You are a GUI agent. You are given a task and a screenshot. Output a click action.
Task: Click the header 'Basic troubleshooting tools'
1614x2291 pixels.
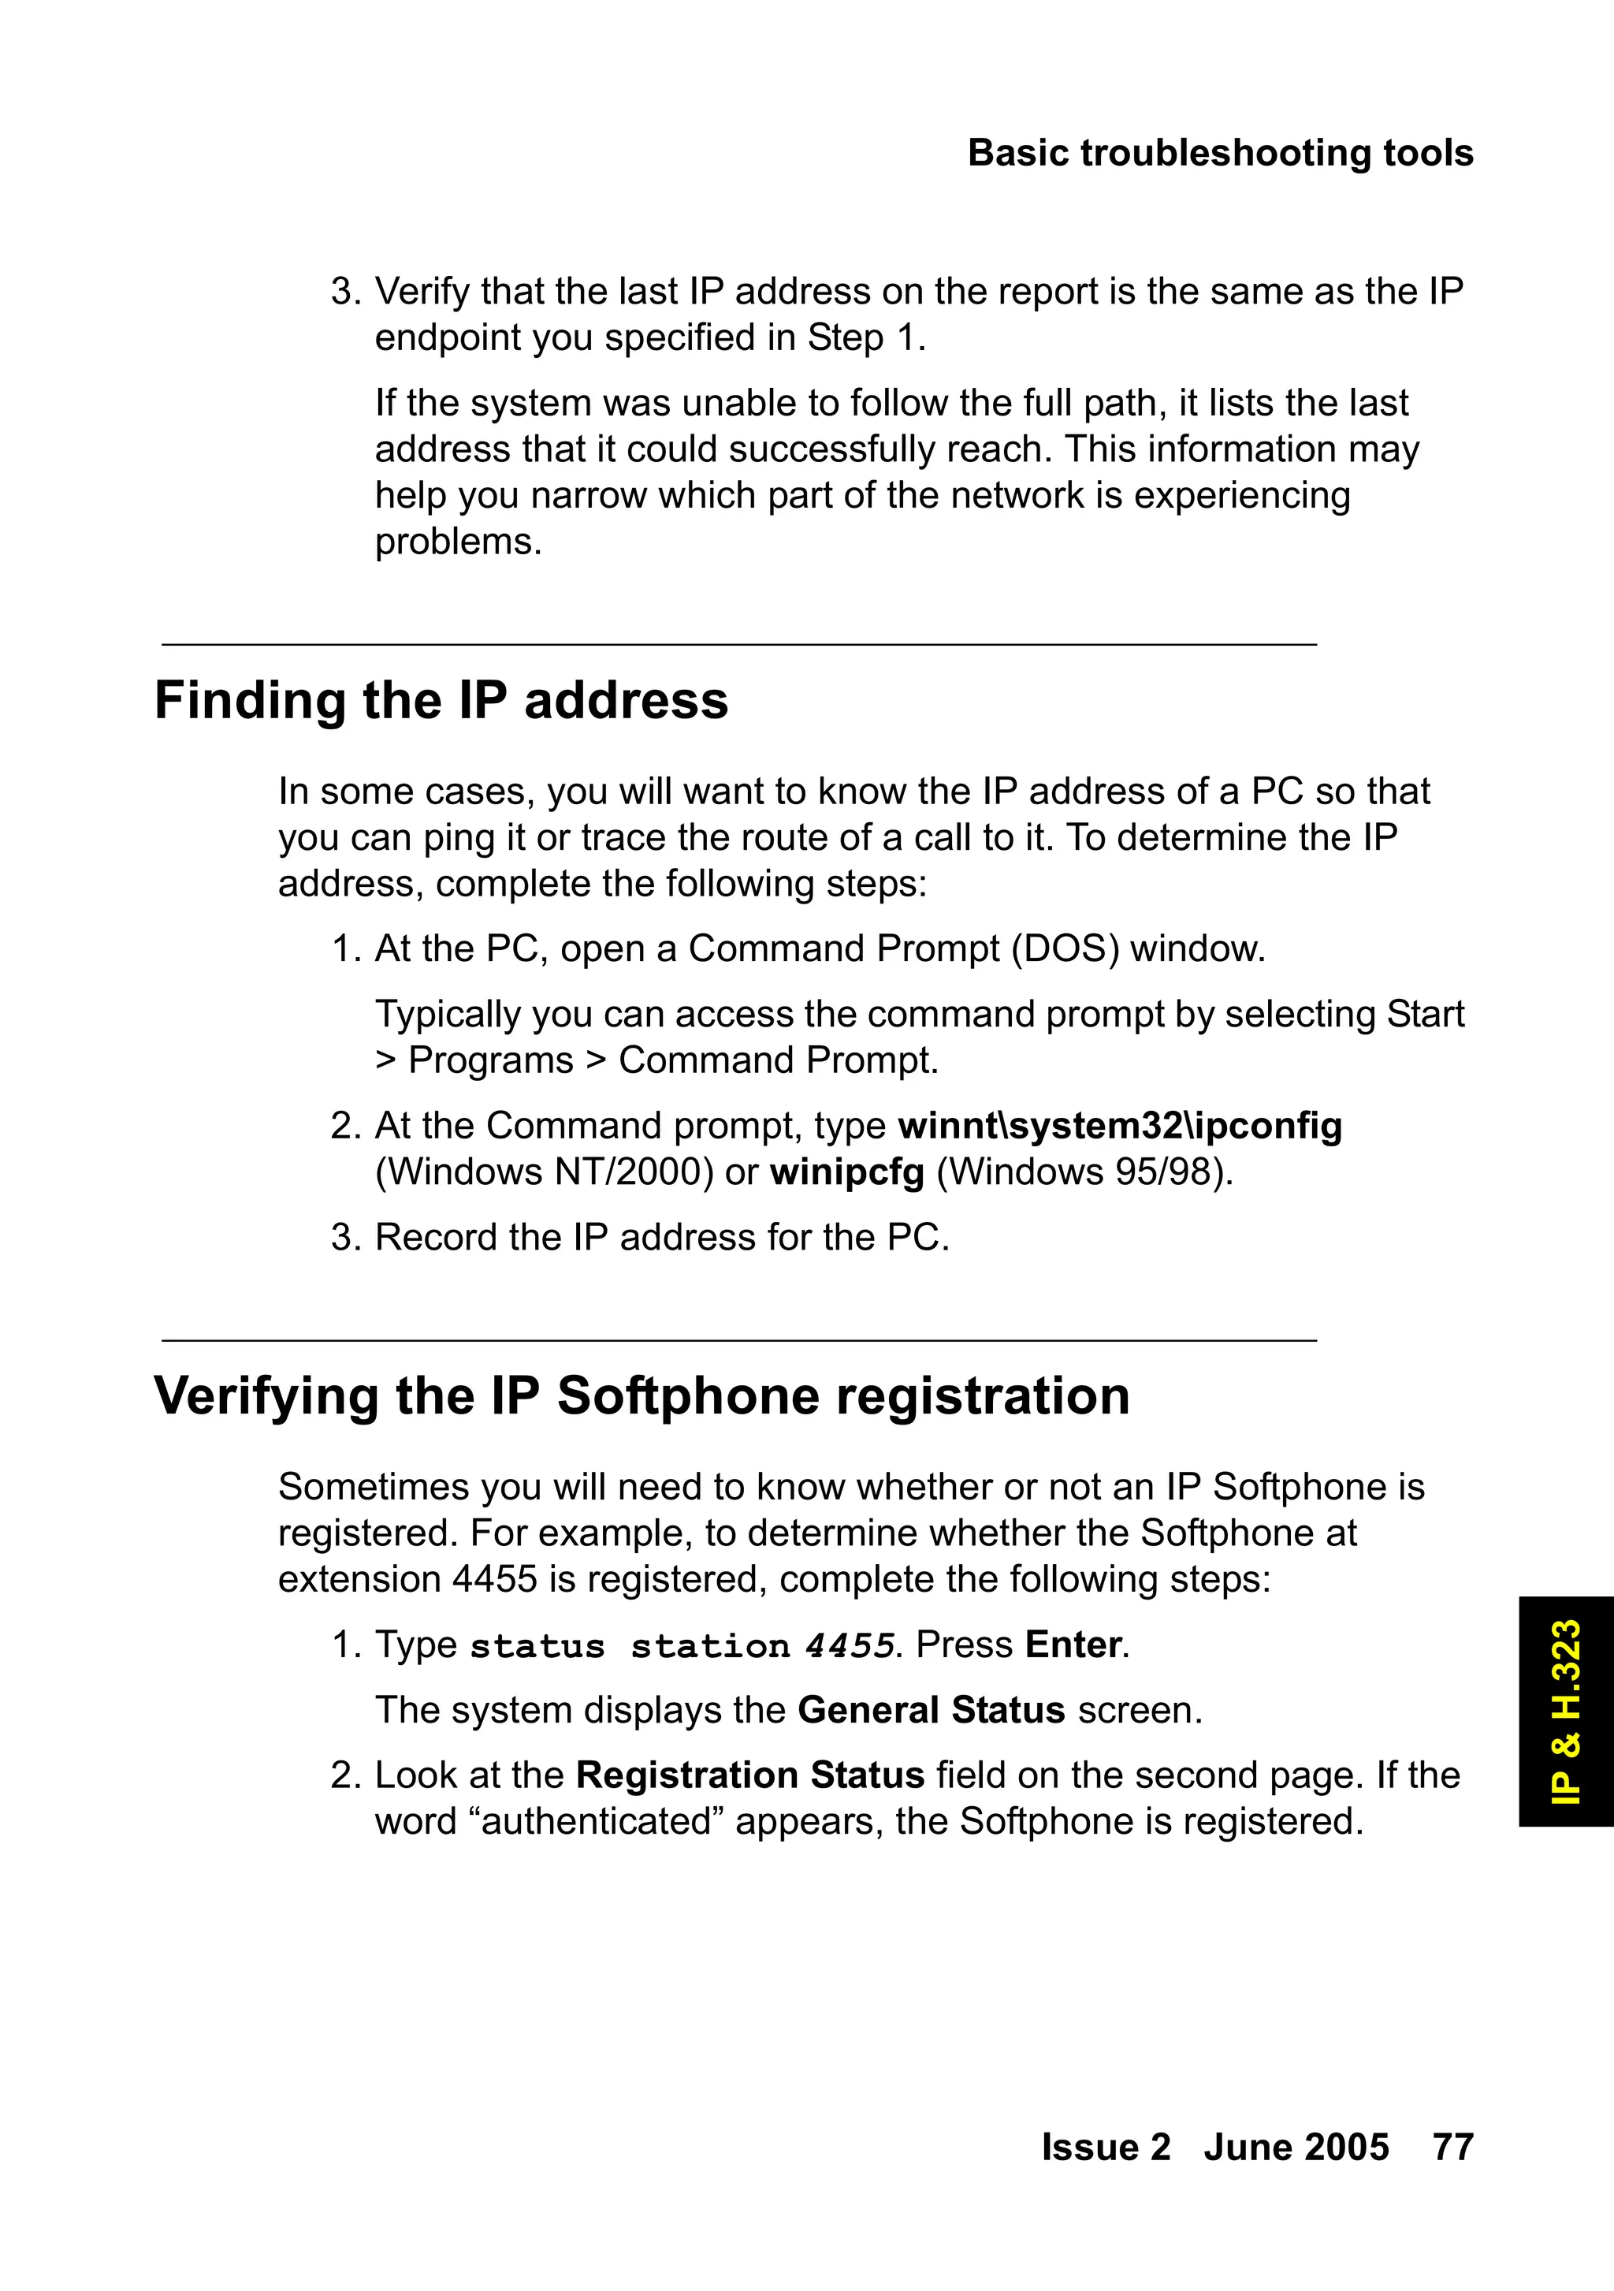1220,154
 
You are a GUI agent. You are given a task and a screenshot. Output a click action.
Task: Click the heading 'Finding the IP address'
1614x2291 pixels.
441,701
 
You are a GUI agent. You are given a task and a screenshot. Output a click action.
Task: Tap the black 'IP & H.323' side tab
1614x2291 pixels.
1566,1712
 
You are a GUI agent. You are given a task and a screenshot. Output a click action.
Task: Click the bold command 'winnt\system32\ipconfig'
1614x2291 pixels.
1119,1126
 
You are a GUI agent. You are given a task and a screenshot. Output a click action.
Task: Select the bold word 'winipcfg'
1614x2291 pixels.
847,1172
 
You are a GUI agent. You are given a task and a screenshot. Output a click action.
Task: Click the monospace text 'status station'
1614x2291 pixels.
630,1646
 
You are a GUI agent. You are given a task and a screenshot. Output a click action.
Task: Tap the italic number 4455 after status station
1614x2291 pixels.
849,1646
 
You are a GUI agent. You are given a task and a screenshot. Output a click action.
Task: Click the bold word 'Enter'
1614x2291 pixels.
1074,1645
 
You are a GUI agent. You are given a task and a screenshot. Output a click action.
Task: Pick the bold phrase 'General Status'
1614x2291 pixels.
931,1710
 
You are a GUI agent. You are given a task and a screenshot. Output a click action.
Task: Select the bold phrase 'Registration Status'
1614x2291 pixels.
750,1775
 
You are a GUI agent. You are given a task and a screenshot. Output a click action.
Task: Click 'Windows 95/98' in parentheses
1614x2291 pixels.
1081,1172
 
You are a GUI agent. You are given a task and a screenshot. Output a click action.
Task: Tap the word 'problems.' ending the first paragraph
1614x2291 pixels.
458,542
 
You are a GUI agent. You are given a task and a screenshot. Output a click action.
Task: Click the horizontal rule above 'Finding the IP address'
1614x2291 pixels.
739,645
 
